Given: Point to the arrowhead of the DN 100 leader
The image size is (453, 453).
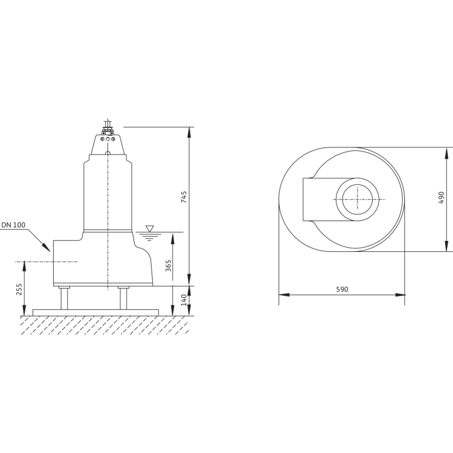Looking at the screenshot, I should [x=51, y=251].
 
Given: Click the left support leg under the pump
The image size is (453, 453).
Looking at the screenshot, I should [x=65, y=298].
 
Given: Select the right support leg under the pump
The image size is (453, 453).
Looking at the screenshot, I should [x=123, y=298].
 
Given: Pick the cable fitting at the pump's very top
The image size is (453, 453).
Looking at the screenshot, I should [x=106, y=124].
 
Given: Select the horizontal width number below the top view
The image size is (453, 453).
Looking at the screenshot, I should [x=341, y=290].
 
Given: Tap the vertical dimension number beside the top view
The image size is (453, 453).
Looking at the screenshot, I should [x=441, y=197].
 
